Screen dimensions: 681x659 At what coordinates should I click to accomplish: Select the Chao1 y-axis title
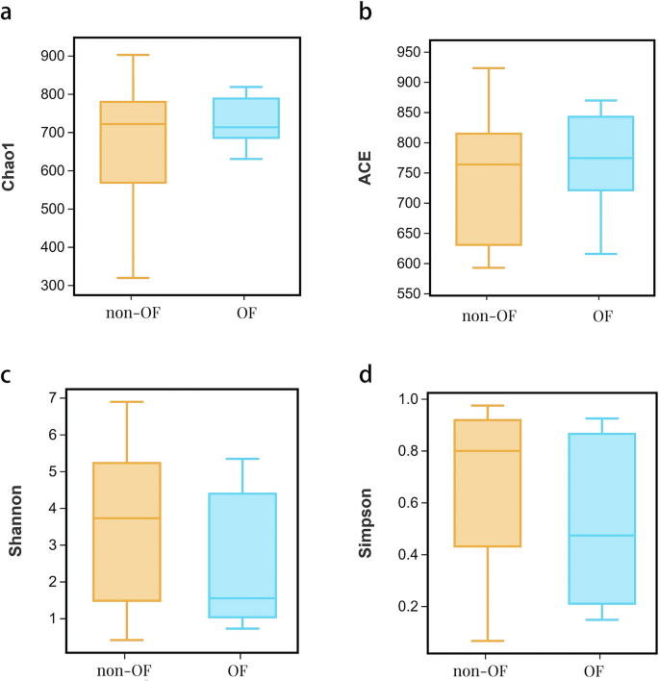(x=11, y=170)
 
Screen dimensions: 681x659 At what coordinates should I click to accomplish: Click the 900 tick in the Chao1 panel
(x=54, y=56)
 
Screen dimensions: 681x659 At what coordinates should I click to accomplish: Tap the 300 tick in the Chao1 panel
(x=54, y=286)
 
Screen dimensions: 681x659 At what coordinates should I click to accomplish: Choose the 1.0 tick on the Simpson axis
(x=406, y=399)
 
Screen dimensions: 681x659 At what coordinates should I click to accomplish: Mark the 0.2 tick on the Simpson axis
(x=406, y=607)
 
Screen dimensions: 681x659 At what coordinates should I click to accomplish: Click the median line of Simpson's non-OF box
(x=487, y=451)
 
